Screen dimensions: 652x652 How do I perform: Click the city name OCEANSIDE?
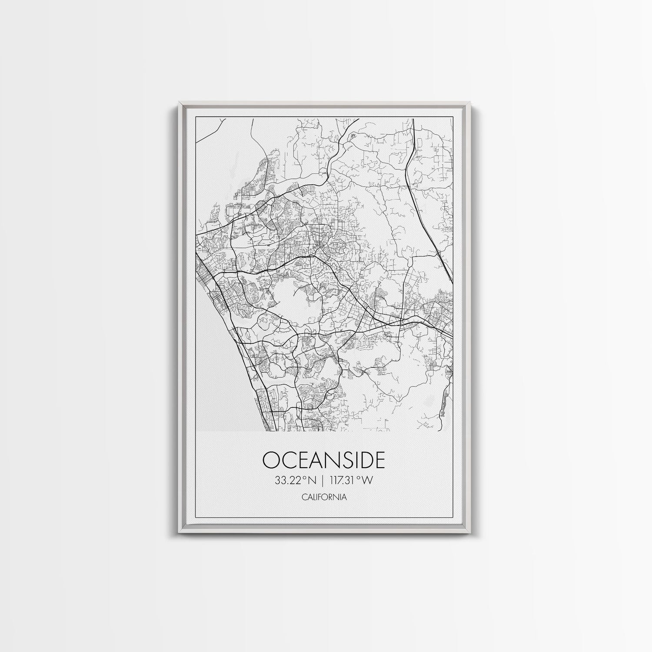coord(324,459)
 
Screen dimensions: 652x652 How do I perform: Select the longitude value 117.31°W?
coord(352,480)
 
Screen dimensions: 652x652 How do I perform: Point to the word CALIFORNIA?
coord(324,497)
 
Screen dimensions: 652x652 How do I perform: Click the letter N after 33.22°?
coord(311,480)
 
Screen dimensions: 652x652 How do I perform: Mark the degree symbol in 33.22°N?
coord(305,478)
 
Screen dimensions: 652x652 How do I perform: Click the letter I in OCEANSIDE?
coord(353,459)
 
